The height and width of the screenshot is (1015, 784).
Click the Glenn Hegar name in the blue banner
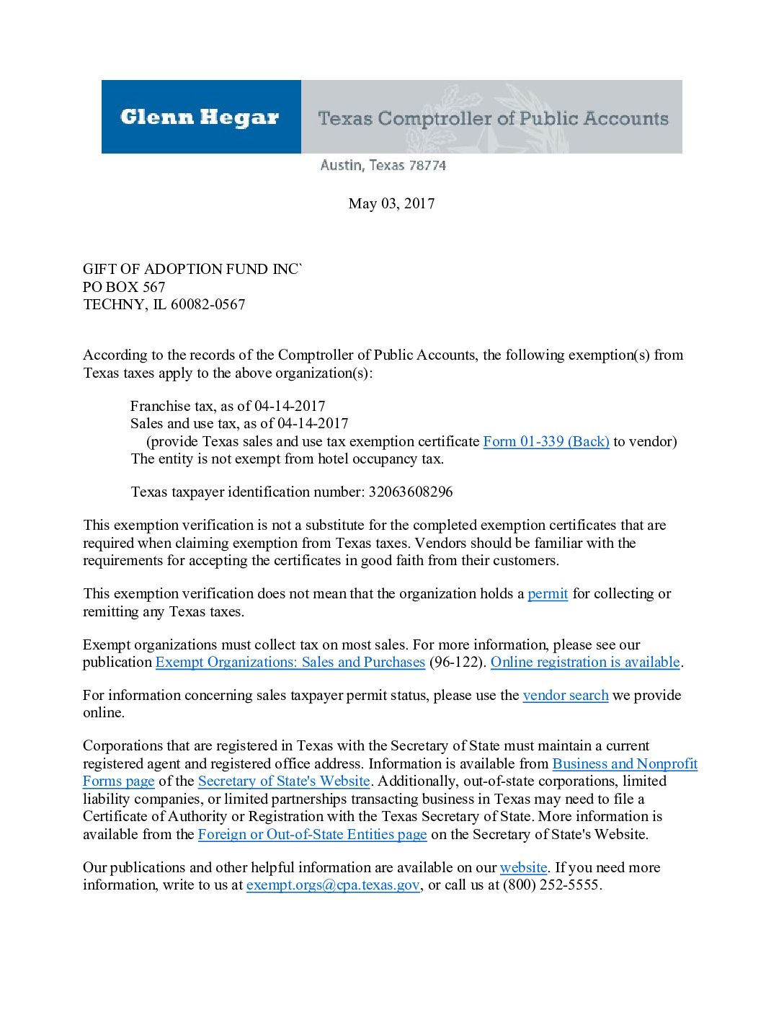[200, 118]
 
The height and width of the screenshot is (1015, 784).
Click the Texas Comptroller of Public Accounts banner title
[493, 118]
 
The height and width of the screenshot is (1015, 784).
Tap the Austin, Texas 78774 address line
[383, 166]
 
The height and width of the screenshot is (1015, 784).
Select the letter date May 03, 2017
[391, 204]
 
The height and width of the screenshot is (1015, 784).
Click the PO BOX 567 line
[124, 287]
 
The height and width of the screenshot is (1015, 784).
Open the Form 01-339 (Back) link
[545, 442]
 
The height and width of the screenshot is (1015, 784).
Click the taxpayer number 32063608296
[410, 492]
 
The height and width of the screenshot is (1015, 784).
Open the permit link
[548, 594]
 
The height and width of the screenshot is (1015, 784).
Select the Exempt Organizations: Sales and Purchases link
[290, 662]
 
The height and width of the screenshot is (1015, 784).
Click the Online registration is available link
[585, 662]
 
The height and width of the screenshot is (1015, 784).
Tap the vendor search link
[565, 696]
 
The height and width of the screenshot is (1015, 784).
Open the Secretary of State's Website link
[284, 781]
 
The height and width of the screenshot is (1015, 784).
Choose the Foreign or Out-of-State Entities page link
[312, 835]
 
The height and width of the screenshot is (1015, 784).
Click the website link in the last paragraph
[523, 868]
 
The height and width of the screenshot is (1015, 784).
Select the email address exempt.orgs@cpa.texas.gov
[333, 885]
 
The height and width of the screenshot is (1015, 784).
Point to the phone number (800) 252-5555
[551, 885]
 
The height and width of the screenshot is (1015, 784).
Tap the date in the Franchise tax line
[290, 407]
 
